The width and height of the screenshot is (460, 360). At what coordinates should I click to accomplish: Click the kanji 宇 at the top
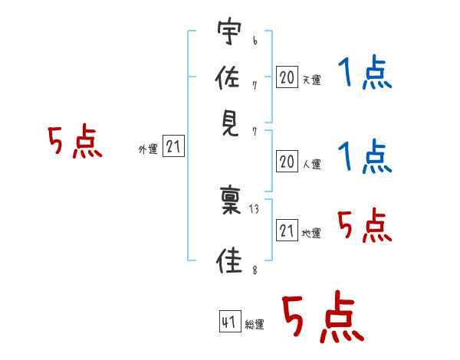point(229,31)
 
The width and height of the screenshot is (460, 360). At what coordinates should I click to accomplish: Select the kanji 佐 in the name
point(228,77)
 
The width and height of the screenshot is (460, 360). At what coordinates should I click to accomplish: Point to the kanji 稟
point(231,200)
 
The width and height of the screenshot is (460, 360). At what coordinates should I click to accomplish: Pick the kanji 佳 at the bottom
point(229,260)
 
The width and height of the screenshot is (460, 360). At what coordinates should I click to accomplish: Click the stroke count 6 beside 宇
point(255,41)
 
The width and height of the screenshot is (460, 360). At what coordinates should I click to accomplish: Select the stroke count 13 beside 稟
point(254,209)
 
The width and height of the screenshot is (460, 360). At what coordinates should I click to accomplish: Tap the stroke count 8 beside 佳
point(255,270)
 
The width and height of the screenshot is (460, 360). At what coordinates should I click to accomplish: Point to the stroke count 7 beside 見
point(255,132)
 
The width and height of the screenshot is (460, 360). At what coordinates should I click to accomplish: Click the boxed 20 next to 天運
point(287,77)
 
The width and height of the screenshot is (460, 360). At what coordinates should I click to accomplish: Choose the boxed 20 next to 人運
point(287,162)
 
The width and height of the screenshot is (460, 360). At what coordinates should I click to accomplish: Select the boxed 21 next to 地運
point(287,230)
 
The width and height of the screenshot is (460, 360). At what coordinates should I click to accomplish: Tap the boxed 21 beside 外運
point(173,146)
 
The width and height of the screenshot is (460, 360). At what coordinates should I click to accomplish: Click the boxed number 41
point(230,321)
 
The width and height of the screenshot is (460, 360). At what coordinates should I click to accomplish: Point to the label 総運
point(255,324)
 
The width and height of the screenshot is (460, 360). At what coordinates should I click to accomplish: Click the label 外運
point(148,149)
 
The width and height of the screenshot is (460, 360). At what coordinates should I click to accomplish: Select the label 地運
point(311,234)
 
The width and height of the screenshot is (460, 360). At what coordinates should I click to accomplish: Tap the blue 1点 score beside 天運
point(365,73)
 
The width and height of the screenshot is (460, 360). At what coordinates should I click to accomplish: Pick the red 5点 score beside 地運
point(365,225)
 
